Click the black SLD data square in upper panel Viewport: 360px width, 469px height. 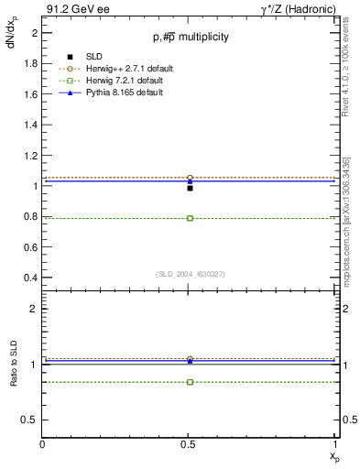pyautogui.click(x=190, y=188)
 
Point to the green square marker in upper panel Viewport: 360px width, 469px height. pyautogui.click(x=190, y=218)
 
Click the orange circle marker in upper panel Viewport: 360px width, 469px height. pyautogui.click(x=190, y=178)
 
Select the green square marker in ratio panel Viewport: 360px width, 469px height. pyautogui.click(x=190, y=381)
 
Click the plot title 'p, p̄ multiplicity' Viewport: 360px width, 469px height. pyautogui.click(x=191, y=37)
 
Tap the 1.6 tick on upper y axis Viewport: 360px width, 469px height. pyautogui.click(x=30, y=94)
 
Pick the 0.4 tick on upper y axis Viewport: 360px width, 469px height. pyautogui.click(x=30, y=277)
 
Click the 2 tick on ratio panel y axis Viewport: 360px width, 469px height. pyautogui.click(x=34, y=310)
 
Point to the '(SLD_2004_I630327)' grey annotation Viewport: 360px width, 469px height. pyautogui.click(x=190, y=274)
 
